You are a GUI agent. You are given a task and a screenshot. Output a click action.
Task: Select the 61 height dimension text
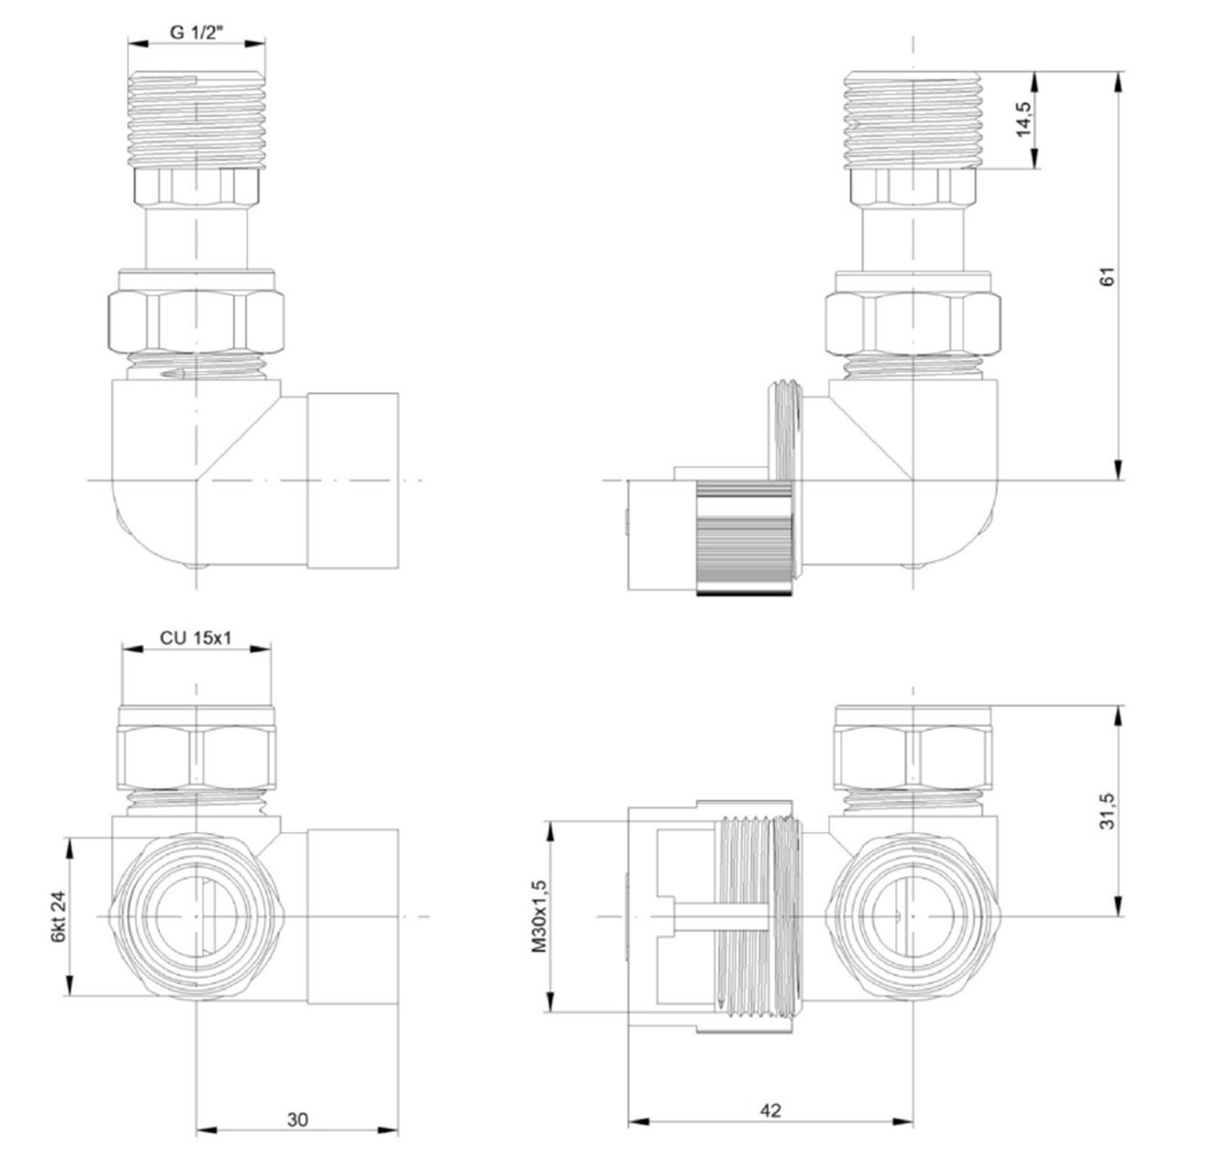click(x=1108, y=276)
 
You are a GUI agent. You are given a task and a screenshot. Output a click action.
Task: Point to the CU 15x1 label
click(x=196, y=637)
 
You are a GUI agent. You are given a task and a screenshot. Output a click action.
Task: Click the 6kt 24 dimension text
click(x=57, y=916)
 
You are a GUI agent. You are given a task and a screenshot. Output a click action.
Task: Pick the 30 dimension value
click(x=297, y=1119)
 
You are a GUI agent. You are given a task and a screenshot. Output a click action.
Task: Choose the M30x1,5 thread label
click(x=539, y=916)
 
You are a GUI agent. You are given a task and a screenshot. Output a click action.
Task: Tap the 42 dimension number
click(x=770, y=1110)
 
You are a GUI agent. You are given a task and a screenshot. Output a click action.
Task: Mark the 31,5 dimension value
click(x=1108, y=811)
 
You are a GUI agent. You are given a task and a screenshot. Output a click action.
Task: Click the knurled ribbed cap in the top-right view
click(x=744, y=539)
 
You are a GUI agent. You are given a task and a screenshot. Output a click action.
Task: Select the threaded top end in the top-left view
click(x=196, y=118)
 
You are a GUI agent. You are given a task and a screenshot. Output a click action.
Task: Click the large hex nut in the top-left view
click(x=196, y=322)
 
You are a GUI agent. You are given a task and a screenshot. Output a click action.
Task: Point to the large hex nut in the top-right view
click(x=912, y=323)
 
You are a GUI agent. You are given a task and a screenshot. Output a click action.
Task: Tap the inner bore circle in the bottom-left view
click(x=195, y=916)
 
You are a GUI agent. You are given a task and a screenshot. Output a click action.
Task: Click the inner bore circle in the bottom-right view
click(x=912, y=916)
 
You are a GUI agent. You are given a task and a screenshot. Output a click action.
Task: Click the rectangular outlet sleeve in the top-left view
click(x=352, y=480)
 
